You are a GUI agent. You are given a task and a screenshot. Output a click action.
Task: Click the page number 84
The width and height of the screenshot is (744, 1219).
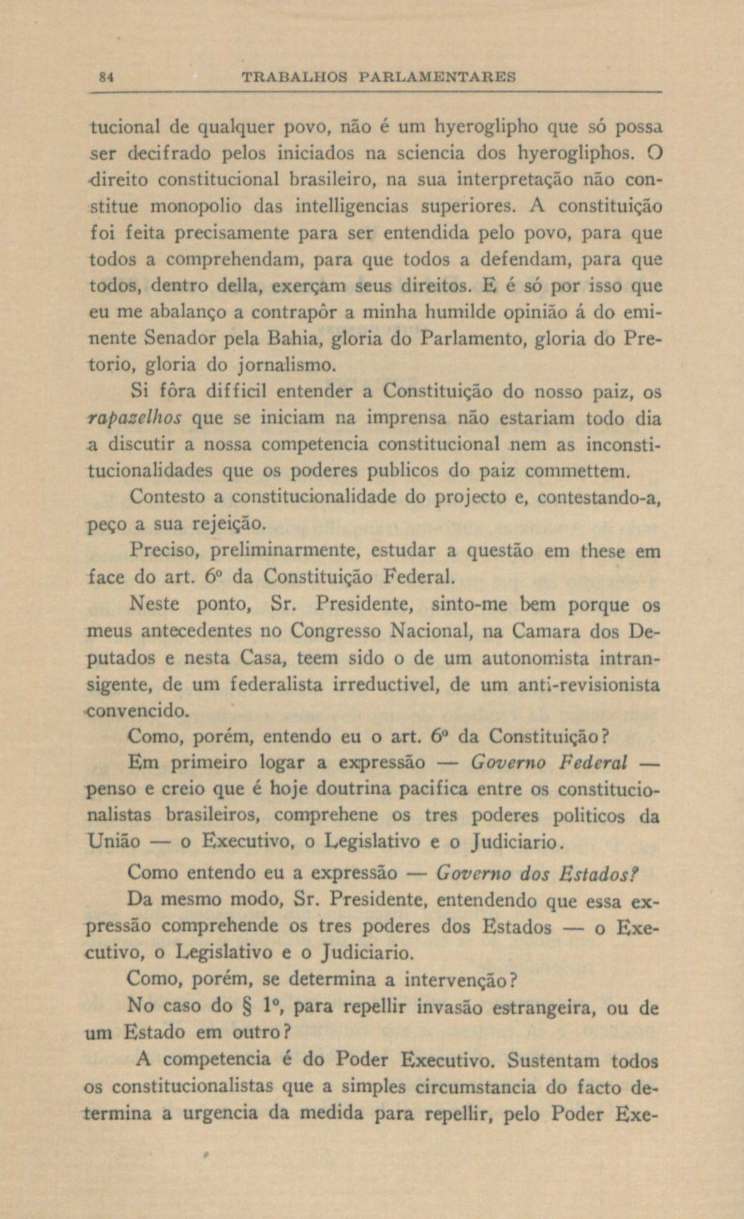(x=107, y=77)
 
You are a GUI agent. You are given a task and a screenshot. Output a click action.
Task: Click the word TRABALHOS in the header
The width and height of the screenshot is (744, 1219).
(x=294, y=77)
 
